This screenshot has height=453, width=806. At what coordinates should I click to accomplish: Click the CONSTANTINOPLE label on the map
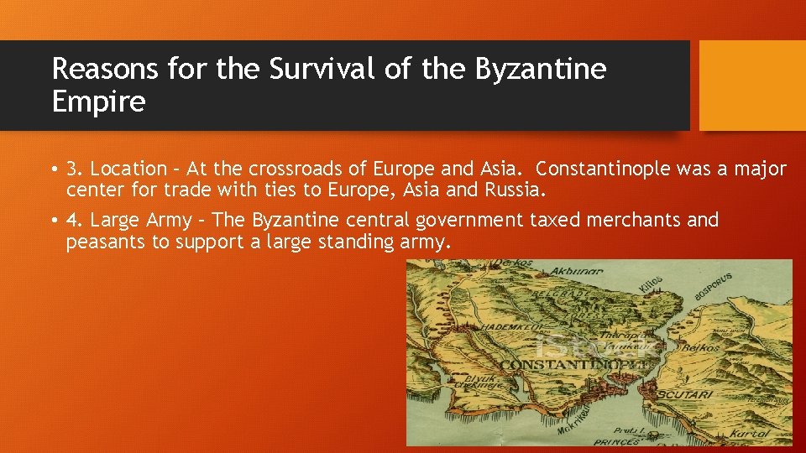click(562, 365)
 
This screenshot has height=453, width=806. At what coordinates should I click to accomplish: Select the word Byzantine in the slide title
click(540, 69)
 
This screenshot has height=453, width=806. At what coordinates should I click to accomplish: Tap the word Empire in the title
click(98, 102)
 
